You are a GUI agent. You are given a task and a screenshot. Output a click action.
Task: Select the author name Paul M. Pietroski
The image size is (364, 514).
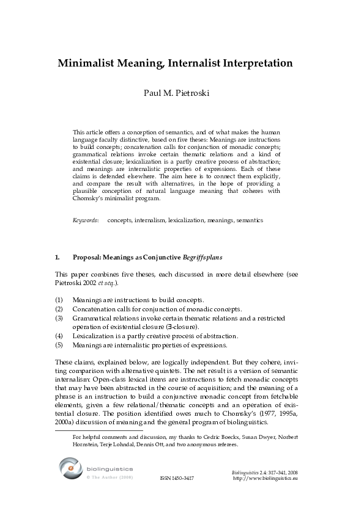(x=181, y=94)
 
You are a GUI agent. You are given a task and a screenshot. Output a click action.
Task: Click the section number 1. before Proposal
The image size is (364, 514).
(x=58, y=258)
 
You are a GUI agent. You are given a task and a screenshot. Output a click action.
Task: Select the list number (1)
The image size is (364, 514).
(x=59, y=300)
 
